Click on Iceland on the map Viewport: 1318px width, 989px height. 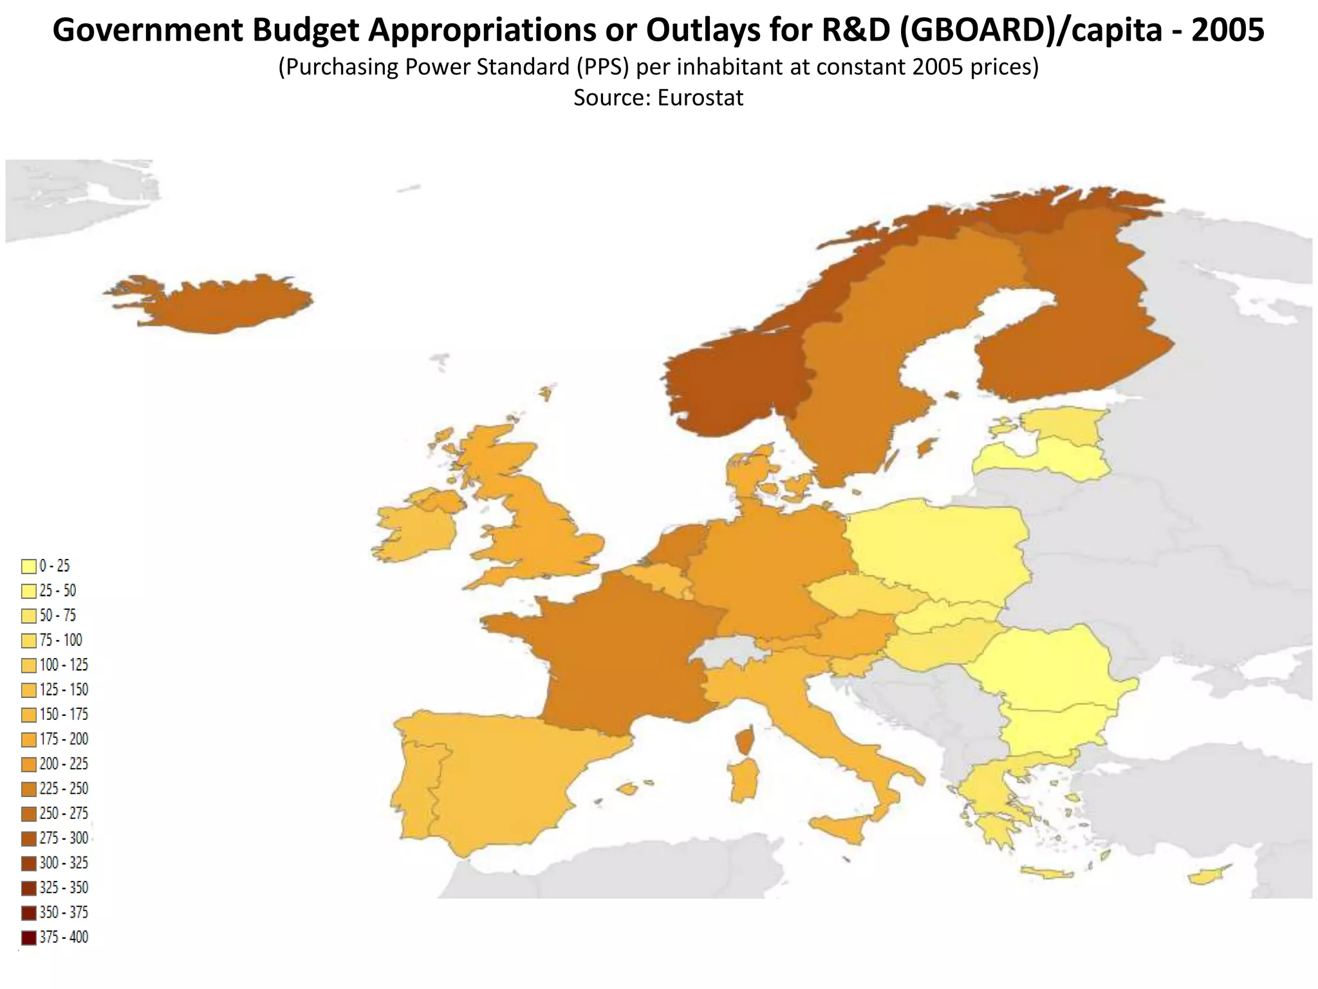[219, 306]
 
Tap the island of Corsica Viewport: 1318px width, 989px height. [745, 741]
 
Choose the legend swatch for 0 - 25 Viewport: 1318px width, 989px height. [29, 567]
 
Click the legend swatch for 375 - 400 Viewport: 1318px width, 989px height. [29, 937]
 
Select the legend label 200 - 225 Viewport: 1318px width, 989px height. [64, 764]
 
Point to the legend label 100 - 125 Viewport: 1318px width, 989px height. [64, 665]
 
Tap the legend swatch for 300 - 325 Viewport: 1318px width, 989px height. [29, 863]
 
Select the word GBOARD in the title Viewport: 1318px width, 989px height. [972, 30]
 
